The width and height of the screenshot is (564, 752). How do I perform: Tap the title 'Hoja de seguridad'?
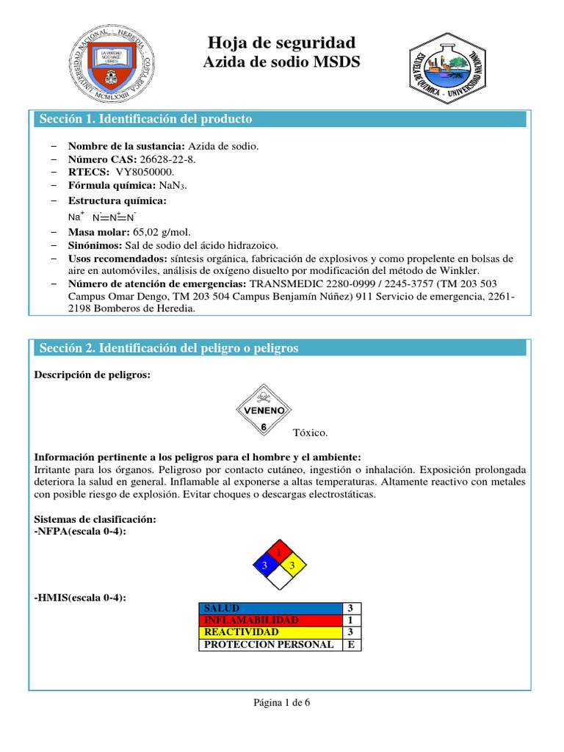coord(282,42)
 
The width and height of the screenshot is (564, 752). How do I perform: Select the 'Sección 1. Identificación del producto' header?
coord(145,119)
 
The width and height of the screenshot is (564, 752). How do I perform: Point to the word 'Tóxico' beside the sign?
coord(310,433)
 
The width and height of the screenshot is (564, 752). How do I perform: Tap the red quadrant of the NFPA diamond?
coord(278,551)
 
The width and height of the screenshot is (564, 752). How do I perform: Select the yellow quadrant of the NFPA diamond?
coord(292,565)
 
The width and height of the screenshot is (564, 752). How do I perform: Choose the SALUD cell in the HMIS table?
coord(270,609)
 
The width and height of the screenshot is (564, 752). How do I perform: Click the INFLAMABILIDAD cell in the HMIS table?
coord(270,621)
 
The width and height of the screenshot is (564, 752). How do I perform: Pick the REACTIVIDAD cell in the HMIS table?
coord(270,632)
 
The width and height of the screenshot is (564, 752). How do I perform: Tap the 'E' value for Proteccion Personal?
coord(351,645)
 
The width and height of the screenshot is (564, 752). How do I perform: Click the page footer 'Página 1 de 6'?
coord(282,702)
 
